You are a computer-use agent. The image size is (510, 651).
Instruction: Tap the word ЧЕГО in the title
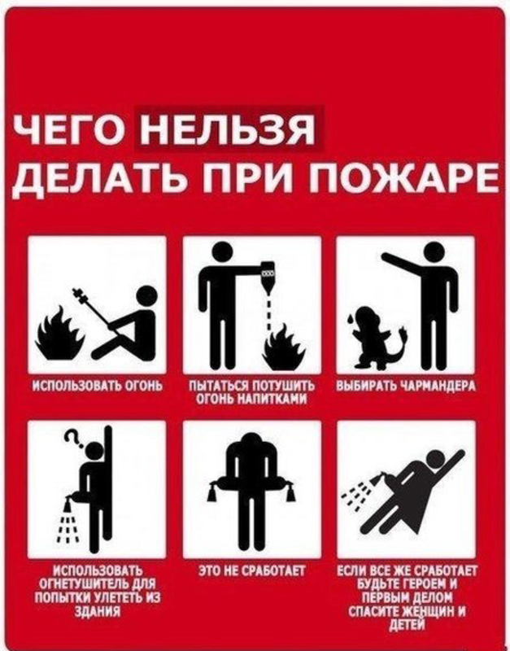(x=74, y=130)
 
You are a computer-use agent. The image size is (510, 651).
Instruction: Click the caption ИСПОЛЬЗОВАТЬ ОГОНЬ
(x=98, y=383)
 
